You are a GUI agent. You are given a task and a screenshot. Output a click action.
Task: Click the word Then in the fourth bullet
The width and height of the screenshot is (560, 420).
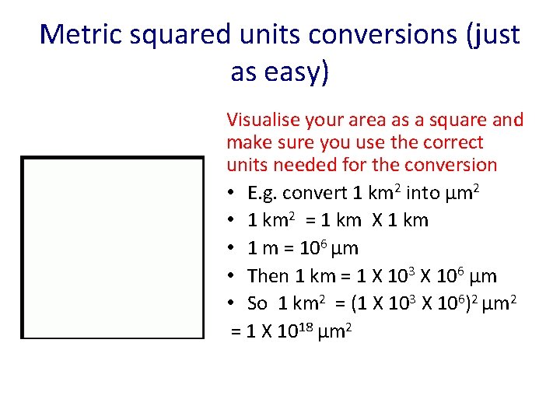click(268, 276)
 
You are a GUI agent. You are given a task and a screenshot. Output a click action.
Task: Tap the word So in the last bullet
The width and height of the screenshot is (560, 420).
click(257, 304)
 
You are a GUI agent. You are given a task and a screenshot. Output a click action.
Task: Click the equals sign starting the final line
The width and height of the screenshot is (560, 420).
click(236, 332)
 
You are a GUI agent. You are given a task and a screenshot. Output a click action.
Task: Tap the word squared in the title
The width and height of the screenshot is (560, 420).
click(178, 34)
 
